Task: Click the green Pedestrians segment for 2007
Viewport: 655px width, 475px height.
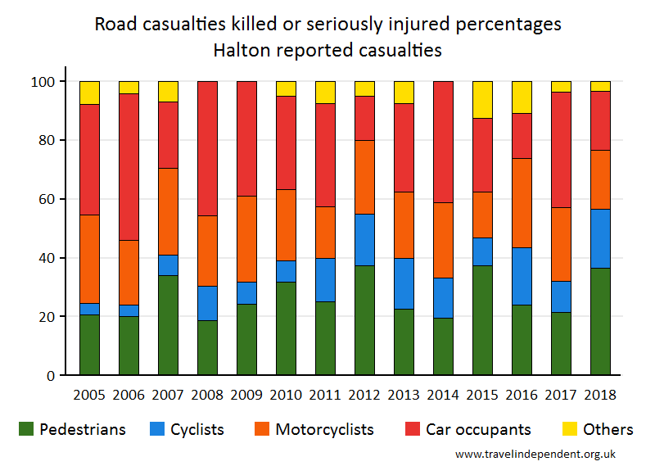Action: pyautogui.click(x=168, y=325)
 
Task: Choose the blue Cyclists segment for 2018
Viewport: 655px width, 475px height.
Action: pyautogui.click(x=600, y=238)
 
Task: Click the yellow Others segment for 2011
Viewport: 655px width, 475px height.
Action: pyautogui.click(x=325, y=93)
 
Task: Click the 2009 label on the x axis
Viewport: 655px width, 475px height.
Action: pyautogui.click(x=246, y=395)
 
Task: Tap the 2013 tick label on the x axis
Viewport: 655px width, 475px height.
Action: pyautogui.click(x=404, y=395)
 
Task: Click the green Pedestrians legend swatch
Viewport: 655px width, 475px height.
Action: pyautogui.click(x=25, y=428)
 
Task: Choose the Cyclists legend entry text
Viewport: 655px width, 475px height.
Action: pyautogui.click(x=196, y=429)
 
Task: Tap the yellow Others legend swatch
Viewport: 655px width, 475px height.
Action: pyautogui.click(x=570, y=428)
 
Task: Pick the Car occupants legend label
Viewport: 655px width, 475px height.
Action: pyautogui.click(x=478, y=429)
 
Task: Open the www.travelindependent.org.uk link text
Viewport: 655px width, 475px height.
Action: pyautogui.click(x=535, y=454)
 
